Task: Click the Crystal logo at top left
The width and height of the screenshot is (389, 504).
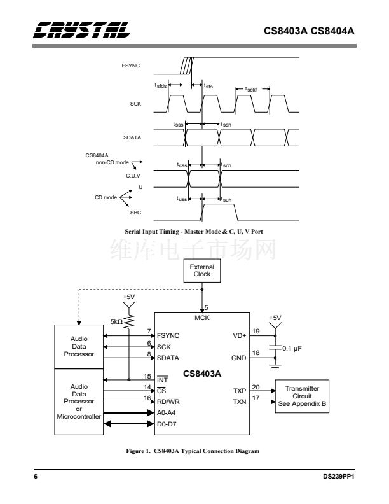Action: pyautogui.click(x=83, y=29)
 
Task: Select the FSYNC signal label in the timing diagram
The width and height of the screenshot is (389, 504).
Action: pyautogui.click(x=131, y=65)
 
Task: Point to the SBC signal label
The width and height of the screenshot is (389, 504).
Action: pyautogui.click(x=135, y=213)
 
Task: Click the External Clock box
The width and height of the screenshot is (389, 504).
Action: pyautogui.click(x=202, y=270)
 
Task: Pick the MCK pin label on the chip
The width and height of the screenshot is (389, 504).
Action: pyautogui.click(x=202, y=317)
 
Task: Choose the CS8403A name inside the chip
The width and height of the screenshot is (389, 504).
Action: pyautogui.click(x=202, y=374)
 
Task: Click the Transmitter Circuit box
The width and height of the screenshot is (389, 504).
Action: pyautogui.click(x=303, y=396)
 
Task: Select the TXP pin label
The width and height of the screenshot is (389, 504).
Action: pyautogui.click(x=240, y=391)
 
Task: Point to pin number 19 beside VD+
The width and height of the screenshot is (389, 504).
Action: pyautogui.click(x=256, y=331)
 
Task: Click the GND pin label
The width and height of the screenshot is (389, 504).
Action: pyautogui.click(x=239, y=358)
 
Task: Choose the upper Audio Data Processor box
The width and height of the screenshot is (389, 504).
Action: pyautogui.click(x=79, y=347)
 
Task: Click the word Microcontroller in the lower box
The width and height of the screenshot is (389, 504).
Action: pyautogui.click(x=79, y=416)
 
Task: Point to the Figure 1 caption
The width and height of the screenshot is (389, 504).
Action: pyautogui.click(x=194, y=451)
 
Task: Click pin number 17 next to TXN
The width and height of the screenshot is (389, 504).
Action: pyautogui.click(x=256, y=398)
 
